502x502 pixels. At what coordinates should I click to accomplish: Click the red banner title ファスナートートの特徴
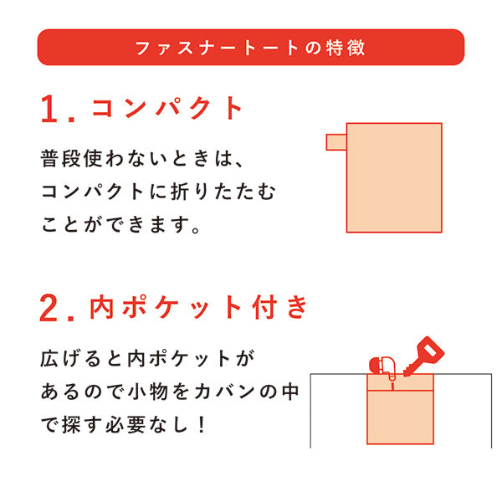(x=250, y=48)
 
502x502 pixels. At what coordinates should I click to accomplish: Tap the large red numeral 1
(x=49, y=109)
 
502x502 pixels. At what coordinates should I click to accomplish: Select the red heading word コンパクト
(x=166, y=108)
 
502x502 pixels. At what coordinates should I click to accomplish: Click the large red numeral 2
(x=49, y=308)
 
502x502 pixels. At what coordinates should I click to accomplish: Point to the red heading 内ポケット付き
(x=198, y=307)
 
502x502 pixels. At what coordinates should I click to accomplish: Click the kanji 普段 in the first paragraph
(x=60, y=158)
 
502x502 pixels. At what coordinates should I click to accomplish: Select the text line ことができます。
(x=120, y=224)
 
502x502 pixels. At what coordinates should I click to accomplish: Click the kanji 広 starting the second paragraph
(x=49, y=359)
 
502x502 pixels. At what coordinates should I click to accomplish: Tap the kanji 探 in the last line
(x=71, y=425)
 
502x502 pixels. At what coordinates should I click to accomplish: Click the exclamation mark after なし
(x=202, y=425)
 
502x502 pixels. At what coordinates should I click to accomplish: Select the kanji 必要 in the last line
(x=125, y=425)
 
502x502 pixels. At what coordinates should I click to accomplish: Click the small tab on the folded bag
(x=336, y=142)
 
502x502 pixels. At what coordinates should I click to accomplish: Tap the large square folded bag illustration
(x=394, y=177)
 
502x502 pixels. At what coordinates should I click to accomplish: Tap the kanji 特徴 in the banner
(x=346, y=48)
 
